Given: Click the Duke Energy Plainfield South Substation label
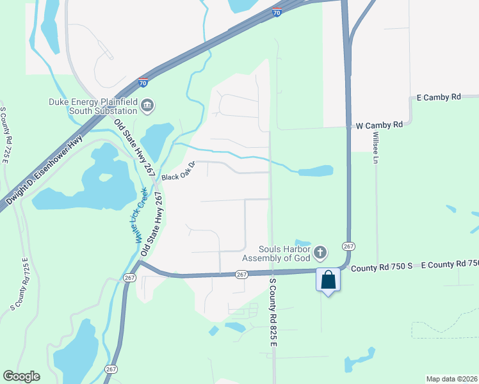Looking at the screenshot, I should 93,105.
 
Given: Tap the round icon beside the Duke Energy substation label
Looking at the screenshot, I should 148,105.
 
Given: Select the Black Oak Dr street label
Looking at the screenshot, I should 177,172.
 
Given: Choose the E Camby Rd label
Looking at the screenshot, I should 439,97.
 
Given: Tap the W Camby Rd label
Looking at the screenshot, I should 380,125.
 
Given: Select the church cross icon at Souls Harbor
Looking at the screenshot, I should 320,254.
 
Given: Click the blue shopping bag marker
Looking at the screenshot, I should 328,280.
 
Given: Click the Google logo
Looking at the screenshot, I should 21,376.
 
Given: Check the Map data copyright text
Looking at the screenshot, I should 451,379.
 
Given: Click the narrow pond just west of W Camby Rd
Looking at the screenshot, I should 315,171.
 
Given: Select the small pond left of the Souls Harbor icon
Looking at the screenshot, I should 302,243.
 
